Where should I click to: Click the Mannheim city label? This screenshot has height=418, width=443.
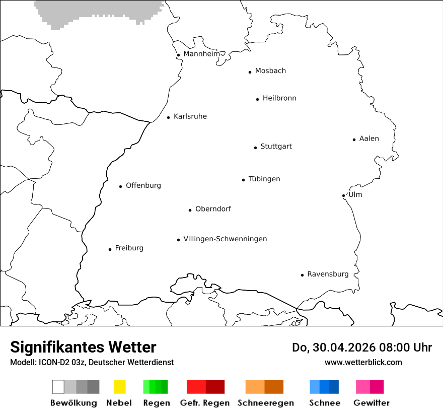[x=201, y=54]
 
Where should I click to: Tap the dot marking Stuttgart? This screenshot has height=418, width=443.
[x=255, y=148]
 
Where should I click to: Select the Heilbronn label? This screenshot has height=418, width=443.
[x=279, y=98]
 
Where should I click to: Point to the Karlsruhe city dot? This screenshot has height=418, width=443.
[x=169, y=117]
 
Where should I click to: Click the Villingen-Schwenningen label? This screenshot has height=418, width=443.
[x=225, y=239]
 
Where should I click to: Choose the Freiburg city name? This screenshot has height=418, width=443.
[x=129, y=248]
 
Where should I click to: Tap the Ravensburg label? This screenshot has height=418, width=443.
[x=328, y=274]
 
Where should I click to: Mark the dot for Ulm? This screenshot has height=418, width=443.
[x=343, y=195]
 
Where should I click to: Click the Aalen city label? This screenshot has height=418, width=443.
[x=369, y=138]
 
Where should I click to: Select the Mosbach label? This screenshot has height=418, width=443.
[x=270, y=71]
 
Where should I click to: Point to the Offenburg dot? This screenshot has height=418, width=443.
[x=121, y=186]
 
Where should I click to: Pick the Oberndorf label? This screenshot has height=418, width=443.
[x=213, y=209]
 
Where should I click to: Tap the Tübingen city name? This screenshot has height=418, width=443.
[x=264, y=179]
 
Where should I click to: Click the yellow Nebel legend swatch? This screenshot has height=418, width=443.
[x=119, y=387]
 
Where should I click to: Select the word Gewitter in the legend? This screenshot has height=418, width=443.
[x=372, y=403]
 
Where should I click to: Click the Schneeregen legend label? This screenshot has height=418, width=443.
[x=266, y=403]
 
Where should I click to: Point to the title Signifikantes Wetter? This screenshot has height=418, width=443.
[x=83, y=347]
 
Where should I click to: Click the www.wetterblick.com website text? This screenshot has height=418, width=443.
[x=363, y=362]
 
